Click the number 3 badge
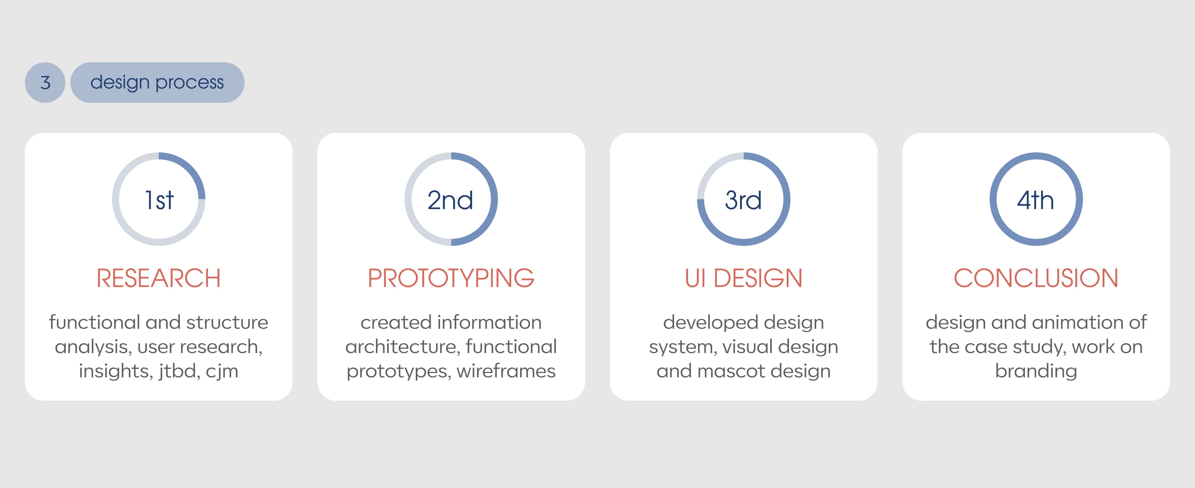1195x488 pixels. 45,83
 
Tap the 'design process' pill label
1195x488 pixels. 157,83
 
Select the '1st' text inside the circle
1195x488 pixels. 159,200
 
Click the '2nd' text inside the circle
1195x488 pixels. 450,200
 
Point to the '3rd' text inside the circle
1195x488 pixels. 743,200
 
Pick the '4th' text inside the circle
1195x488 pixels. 1035,200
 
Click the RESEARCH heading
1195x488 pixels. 159,278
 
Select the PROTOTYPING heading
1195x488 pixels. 451,278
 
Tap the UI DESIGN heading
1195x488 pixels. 743,278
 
